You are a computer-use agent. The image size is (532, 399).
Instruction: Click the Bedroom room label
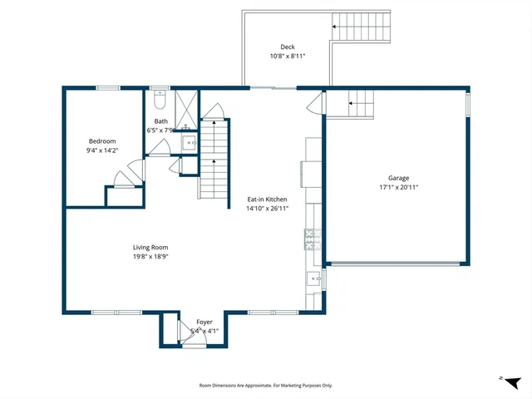point(102,141)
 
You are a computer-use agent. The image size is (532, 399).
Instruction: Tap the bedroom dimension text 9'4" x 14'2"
point(102,150)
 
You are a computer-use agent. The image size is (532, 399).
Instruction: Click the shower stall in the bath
point(186,106)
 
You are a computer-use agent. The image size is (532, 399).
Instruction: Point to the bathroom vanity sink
point(190,143)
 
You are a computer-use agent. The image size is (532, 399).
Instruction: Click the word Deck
point(287,47)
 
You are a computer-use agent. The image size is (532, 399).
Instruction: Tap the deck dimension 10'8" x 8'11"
point(287,57)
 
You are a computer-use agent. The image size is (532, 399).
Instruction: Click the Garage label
point(398,178)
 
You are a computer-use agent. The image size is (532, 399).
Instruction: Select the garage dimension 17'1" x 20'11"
point(398,187)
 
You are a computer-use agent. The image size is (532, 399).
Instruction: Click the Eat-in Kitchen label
point(267,199)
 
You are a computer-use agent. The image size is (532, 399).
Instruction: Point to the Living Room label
point(150,247)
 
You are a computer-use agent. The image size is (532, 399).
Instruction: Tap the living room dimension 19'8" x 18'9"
point(150,256)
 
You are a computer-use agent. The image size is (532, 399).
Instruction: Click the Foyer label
point(204,322)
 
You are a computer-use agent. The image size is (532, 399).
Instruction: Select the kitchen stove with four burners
point(313,240)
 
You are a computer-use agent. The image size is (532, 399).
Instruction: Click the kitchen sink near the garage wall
point(313,278)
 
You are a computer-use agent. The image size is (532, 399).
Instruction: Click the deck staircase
point(361,27)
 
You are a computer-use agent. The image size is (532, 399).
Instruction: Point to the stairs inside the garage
point(359,103)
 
